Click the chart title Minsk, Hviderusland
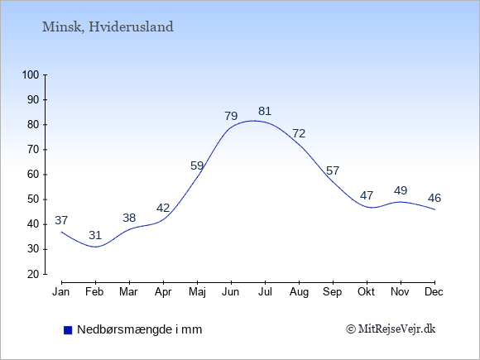tap(108, 27)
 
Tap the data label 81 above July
tap(265, 111)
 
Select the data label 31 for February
tap(95, 235)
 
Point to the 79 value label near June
tap(231, 116)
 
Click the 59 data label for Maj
tap(197, 166)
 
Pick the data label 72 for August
tap(299, 133)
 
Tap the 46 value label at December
tap(434, 198)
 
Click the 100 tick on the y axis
tap(31, 74)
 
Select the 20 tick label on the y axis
tap(33, 274)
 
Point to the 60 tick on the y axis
tap(33, 175)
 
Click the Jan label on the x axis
tap(61, 292)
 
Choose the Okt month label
tap(366, 292)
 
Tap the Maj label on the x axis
tap(197, 292)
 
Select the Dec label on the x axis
tap(434, 292)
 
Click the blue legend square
tap(68, 330)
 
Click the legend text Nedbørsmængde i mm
tap(140, 329)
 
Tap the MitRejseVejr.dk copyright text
tap(391, 329)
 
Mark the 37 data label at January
tap(61, 220)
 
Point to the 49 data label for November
tap(401, 190)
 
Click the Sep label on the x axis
tap(333, 292)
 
